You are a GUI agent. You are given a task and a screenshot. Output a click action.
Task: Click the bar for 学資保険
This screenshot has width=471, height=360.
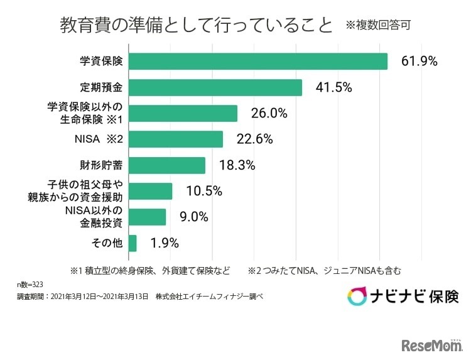(257, 61)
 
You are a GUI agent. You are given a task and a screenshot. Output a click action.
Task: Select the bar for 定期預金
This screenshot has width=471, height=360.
(215, 87)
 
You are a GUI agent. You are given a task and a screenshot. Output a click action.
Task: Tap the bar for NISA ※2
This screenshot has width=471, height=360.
(175, 139)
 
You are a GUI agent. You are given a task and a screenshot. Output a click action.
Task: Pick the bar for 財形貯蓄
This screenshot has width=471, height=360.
(166, 165)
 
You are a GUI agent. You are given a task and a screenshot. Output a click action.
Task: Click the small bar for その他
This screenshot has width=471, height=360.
(133, 243)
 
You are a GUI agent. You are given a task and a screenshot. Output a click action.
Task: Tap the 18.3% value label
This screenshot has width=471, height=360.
(237, 166)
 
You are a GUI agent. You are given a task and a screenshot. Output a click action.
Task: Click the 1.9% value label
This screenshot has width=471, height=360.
(165, 243)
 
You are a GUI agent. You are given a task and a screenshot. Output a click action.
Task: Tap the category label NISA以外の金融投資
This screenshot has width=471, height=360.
(93, 217)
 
